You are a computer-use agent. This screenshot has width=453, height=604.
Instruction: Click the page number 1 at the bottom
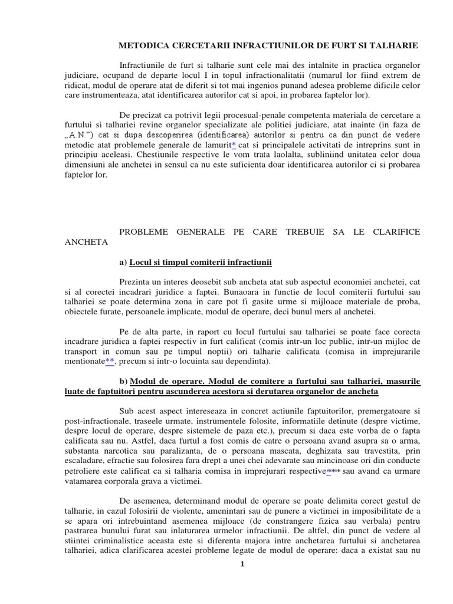242,564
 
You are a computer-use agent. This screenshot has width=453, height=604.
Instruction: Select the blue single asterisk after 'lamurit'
234,145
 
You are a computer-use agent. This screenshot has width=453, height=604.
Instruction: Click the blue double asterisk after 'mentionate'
110,362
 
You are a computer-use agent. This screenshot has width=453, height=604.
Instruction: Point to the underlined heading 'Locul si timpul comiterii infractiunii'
196,261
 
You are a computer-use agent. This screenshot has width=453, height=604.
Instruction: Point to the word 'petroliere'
84,471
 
